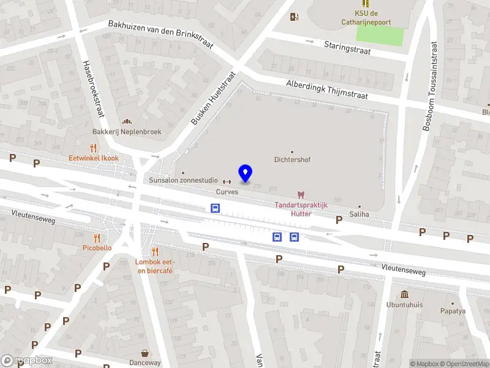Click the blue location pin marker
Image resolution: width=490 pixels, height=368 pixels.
click(x=246, y=174)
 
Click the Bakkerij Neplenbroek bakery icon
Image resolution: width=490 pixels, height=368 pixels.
click(x=127, y=121)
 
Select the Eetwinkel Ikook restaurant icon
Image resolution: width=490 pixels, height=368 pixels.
click(x=93, y=148)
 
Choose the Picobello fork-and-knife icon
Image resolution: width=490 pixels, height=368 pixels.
click(x=97, y=238)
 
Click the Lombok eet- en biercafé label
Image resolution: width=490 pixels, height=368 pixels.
click(x=154, y=266)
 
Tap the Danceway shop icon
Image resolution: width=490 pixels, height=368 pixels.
click(x=145, y=353)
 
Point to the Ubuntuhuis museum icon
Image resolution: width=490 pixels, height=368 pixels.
click(x=404, y=294)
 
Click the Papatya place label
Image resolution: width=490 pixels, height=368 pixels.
click(x=453, y=310)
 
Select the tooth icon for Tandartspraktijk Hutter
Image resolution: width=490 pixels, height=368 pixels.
click(x=301, y=194)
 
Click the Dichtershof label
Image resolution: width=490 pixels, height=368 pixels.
click(x=292, y=159)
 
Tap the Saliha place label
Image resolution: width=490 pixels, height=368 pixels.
click(x=359, y=214)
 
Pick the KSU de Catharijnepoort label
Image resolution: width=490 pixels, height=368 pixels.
click(x=374, y=17)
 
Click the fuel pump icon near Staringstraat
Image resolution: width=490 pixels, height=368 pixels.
click(x=294, y=17)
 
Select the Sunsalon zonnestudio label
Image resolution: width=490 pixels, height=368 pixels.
click(x=183, y=180)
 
